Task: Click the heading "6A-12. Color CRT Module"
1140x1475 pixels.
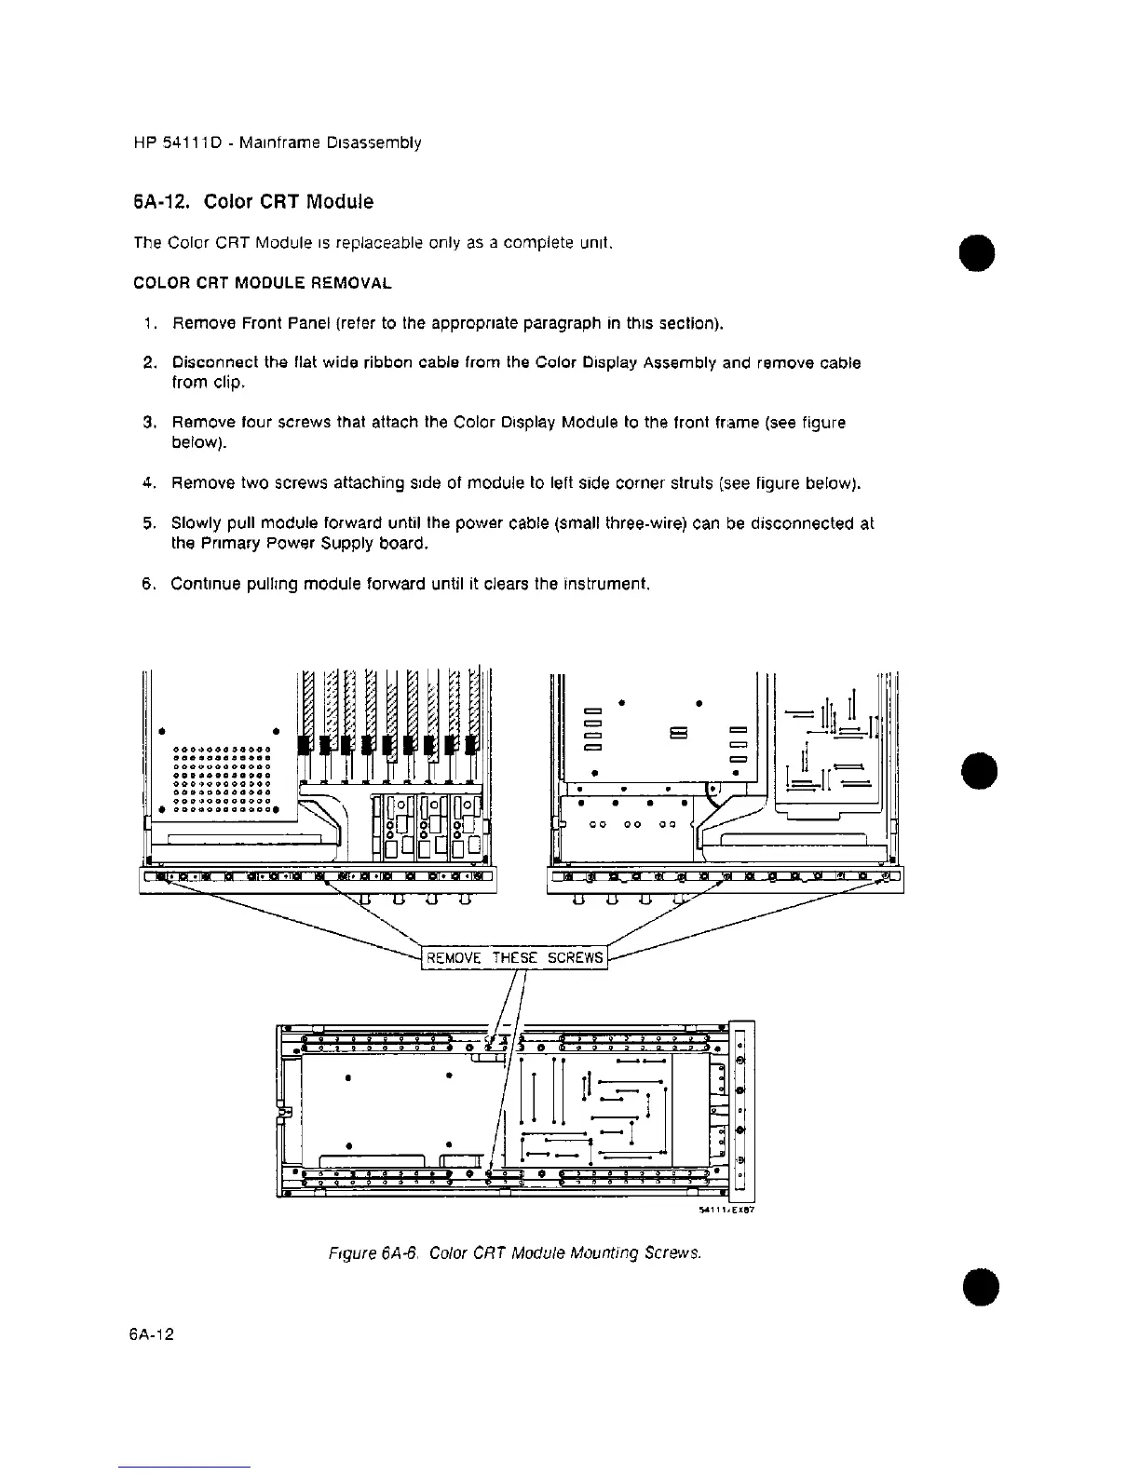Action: tap(253, 202)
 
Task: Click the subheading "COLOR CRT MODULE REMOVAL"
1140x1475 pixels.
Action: tap(263, 282)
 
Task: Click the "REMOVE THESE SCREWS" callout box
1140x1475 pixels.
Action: tap(514, 958)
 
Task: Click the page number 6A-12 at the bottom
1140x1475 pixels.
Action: tap(153, 1333)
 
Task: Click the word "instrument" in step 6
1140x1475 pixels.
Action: tap(601, 584)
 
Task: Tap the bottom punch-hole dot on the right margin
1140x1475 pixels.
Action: tap(977, 1286)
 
